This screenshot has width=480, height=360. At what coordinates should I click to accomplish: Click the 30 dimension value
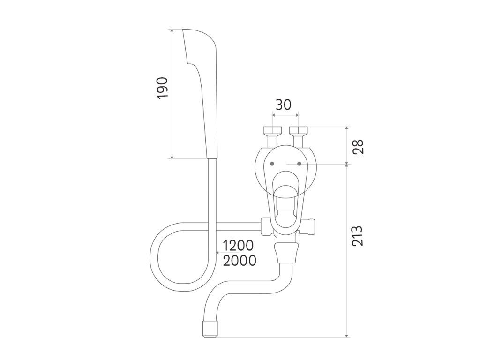pyautogui.click(x=284, y=105)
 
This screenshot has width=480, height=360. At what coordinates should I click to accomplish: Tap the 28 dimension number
pyautogui.click(x=358, y=147)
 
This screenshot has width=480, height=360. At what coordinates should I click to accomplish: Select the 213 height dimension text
pyautogui.click(x=357, y=236)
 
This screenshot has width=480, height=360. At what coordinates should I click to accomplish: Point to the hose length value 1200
pyautogui.click(x=238, y=246)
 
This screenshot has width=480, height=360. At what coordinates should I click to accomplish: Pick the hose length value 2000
pyautogui.click(x=240, y=261)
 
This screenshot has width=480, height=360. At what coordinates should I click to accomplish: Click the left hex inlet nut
pyautogui.click(x=272, y=130)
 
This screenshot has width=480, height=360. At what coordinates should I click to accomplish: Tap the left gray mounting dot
pyautogui.click(x=272, y=164)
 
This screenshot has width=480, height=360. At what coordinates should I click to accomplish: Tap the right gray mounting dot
pyautogui.click(x=300, y=164)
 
